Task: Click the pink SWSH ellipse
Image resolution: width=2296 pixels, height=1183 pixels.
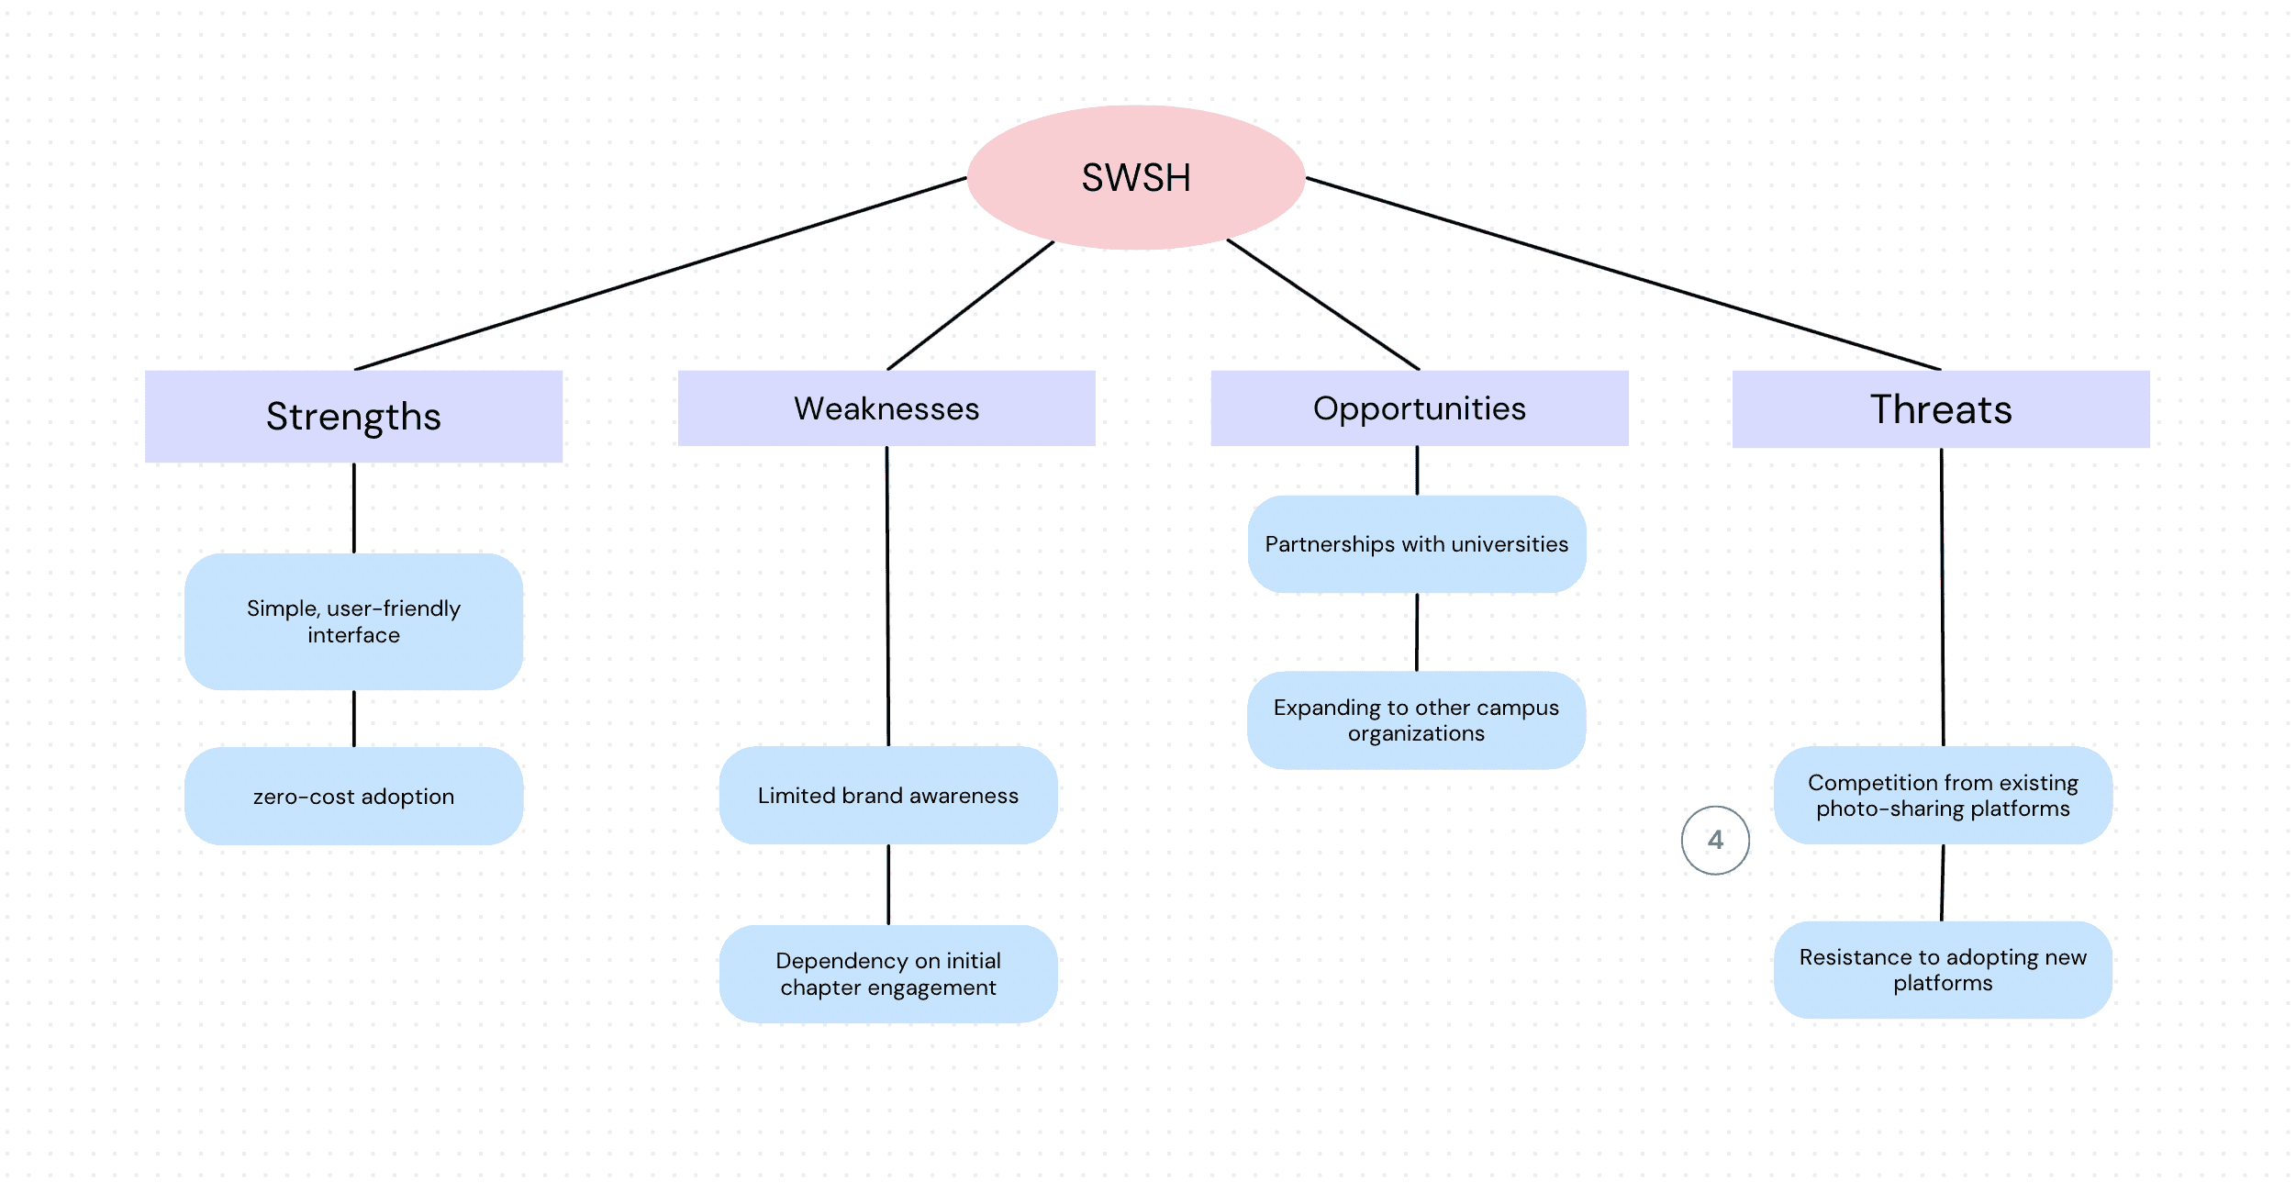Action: click(x=1136, y=177)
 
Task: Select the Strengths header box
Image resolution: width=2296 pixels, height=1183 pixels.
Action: click(x=353, y=417)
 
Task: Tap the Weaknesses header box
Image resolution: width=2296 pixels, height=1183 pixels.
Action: click(x=886, y=408)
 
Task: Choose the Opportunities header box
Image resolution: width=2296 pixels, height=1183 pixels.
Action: click(x=1420, y=408)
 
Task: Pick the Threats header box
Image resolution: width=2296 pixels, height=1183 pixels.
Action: click(x=1941, y=409)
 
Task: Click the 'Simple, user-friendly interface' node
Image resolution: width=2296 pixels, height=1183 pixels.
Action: click(x=353, y=621)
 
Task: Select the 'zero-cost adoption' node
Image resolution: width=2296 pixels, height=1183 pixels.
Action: click(x=353, y=796)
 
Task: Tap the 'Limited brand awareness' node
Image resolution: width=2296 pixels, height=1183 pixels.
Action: click(x=888, y=795)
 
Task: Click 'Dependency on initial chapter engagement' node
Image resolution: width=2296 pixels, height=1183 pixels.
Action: click(x=888, y=974)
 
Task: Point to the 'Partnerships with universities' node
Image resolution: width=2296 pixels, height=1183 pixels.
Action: click(x=1417, y=544)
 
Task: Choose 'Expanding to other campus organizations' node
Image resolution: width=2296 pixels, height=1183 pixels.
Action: click(x=1416, y=720)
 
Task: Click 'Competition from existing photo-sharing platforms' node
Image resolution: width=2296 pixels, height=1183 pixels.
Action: click(x=1943, y=795)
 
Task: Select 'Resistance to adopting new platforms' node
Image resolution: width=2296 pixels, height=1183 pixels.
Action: click(x=1943, y=970)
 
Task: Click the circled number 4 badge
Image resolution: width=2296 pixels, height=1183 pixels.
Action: click(x=1715, y=840)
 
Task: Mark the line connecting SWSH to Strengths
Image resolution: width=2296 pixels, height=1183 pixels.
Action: click(x=661, y=273)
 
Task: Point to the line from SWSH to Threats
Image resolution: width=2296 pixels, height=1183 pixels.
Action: click(x=1623, y=273)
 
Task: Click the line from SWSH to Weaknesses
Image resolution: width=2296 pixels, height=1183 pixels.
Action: click(x=971, y=306)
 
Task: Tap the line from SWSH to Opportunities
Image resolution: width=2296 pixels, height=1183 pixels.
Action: click(x=1323, y=305)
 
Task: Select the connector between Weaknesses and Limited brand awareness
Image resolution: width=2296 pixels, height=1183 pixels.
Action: click(x=887, y=597)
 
